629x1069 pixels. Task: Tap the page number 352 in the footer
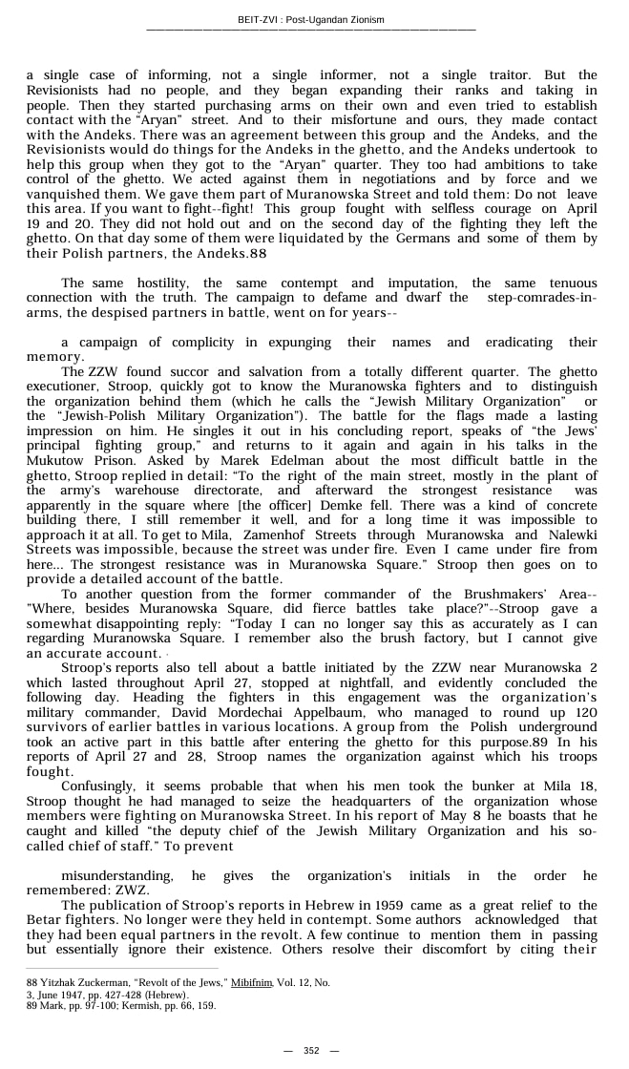tap(311, 1050)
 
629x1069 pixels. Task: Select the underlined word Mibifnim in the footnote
tap(277, 982)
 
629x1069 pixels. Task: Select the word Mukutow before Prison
tap(52, 459)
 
